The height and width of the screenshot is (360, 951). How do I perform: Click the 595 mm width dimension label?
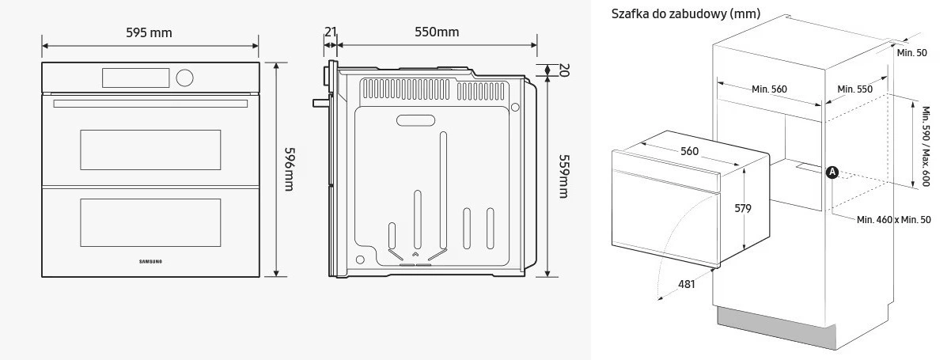tap(149, 32)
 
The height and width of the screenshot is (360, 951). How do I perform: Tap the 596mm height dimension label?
tap(289, 169)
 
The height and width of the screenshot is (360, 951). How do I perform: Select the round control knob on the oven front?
tap(184, 78)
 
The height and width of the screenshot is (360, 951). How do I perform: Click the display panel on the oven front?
tap(136, 78)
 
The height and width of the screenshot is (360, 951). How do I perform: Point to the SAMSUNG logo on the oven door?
tap(150, 262)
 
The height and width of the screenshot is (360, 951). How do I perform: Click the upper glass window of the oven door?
tap(150, 150)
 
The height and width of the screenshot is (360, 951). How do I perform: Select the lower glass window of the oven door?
tap(150, 222)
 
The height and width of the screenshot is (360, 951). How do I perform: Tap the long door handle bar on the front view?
tap(150, 104)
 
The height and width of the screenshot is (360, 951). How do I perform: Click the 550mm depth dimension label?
tap(437, 32)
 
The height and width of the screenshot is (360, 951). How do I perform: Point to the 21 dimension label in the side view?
tap(331, 32)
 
